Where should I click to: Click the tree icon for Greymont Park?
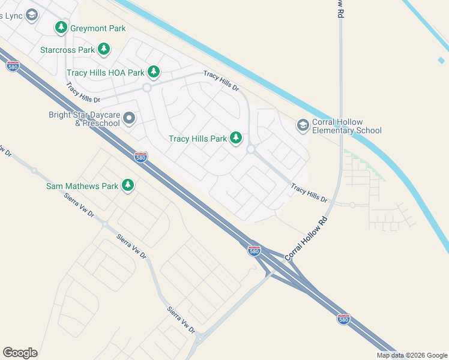click(61, 28)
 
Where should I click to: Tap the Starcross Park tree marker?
click(104, 49)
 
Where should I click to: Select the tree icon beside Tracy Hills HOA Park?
click(154, 73)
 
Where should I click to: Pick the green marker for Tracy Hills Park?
click(236, 139)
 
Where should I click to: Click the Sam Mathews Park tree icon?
click(127, 186)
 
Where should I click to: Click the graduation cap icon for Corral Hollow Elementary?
click(303, 125)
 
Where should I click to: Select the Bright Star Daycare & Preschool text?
click(85, 119)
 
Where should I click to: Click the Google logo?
click(20, 352)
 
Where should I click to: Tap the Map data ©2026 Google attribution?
click(412, 355)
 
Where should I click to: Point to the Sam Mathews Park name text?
click(82, 186)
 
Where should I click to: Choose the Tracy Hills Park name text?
click(197, 139)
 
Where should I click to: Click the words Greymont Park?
click(98, 28)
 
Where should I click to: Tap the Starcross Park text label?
click(67, 50)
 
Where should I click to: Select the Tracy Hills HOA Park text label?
click(105, 73)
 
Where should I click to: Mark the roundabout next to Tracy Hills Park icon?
click(250, 149)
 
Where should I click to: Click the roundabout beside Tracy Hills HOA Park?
click(146, 88)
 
